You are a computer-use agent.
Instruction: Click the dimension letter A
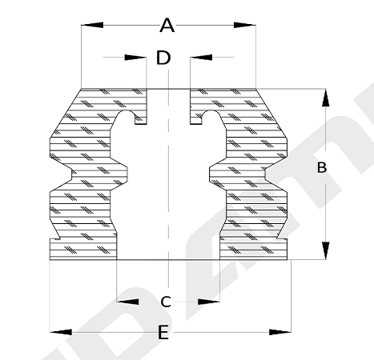tap(167, 25)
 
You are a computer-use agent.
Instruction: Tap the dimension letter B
tap(322, 168)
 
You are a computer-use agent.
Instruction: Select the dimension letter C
tap(166, 302)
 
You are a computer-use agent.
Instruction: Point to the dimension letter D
tap(163, 58)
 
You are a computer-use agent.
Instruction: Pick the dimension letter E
tap(163, 332)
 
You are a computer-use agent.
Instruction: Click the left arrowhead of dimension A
tap(92, 25)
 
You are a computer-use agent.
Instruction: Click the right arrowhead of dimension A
tap(245, 25)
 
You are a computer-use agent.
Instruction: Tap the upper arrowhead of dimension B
tap(325, 98)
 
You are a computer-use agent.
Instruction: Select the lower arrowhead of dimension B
tap(325, 250)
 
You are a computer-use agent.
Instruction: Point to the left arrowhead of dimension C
tap(128, 302)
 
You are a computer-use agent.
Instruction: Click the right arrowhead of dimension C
tap(209, 302)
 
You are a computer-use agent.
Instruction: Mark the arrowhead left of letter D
tap(135, 57)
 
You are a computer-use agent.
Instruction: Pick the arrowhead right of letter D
tap(201, 57)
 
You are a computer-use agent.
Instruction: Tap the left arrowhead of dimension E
tap(61, 332)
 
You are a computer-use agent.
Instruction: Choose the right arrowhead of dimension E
tap(280, 332)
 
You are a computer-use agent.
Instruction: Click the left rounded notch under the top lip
tap(126, 115)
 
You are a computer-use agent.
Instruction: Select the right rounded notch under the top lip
tap(211, 115)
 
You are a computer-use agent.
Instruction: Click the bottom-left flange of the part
tap(83, 249)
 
